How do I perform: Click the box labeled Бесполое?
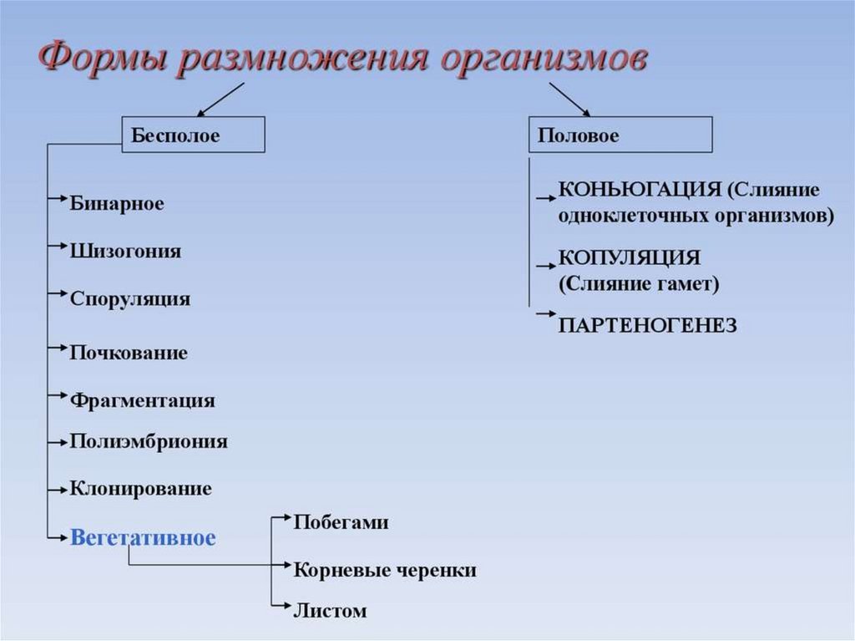pyautogui.click(x=194, y=135)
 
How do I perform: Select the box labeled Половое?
pyautogui.click(x=620, y=135)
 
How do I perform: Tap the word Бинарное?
pyautogui.click(x=117, y=204)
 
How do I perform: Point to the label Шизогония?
pyautogui.click(x=125, y=252)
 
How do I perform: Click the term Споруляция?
pyautogui.click(x=130, y=299)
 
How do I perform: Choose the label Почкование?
pyautogui.click(x=129, y=353)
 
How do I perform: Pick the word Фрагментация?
pyautogui.click(x=143, y=400)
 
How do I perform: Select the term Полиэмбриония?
pyautogui.click(x=149, y=441)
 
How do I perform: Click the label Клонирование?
pyautogui.click(x=141, y=489)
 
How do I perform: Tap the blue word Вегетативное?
pyautogui.click(x=143, y=537)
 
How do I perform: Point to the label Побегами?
pyautogui.click(x=341, y=523)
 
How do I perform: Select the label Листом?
pyautogui.click(x=330, y=611)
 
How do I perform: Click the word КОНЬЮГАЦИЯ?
pyautogui.click(x=639, y=188)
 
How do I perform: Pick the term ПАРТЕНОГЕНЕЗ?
pyautogui.click(x=647, y=325)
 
